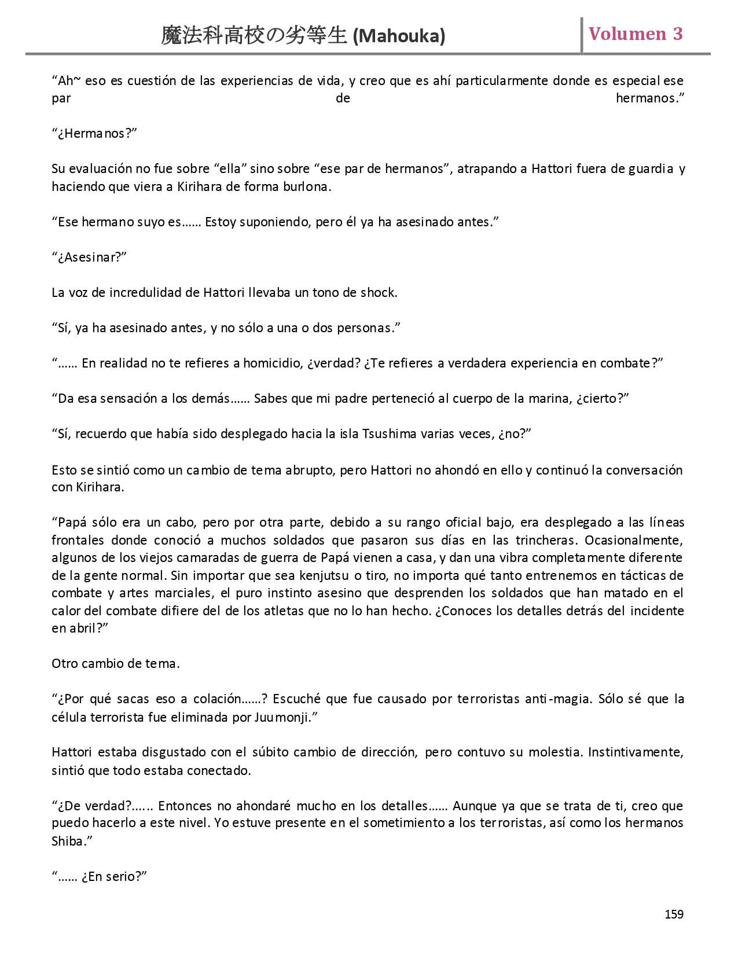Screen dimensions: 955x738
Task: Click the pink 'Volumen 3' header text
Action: click(636, 34)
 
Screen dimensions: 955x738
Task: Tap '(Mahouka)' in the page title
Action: click(399, 36)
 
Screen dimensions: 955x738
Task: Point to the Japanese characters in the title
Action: click(255, 36)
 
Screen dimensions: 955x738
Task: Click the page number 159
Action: click(674, 914)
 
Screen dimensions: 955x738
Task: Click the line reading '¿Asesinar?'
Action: click(89, 258)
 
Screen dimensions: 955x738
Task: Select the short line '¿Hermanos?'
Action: click(94, 134)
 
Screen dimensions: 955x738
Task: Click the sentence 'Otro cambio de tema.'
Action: click(116, 664)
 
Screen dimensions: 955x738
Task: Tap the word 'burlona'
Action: click(309, 187)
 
